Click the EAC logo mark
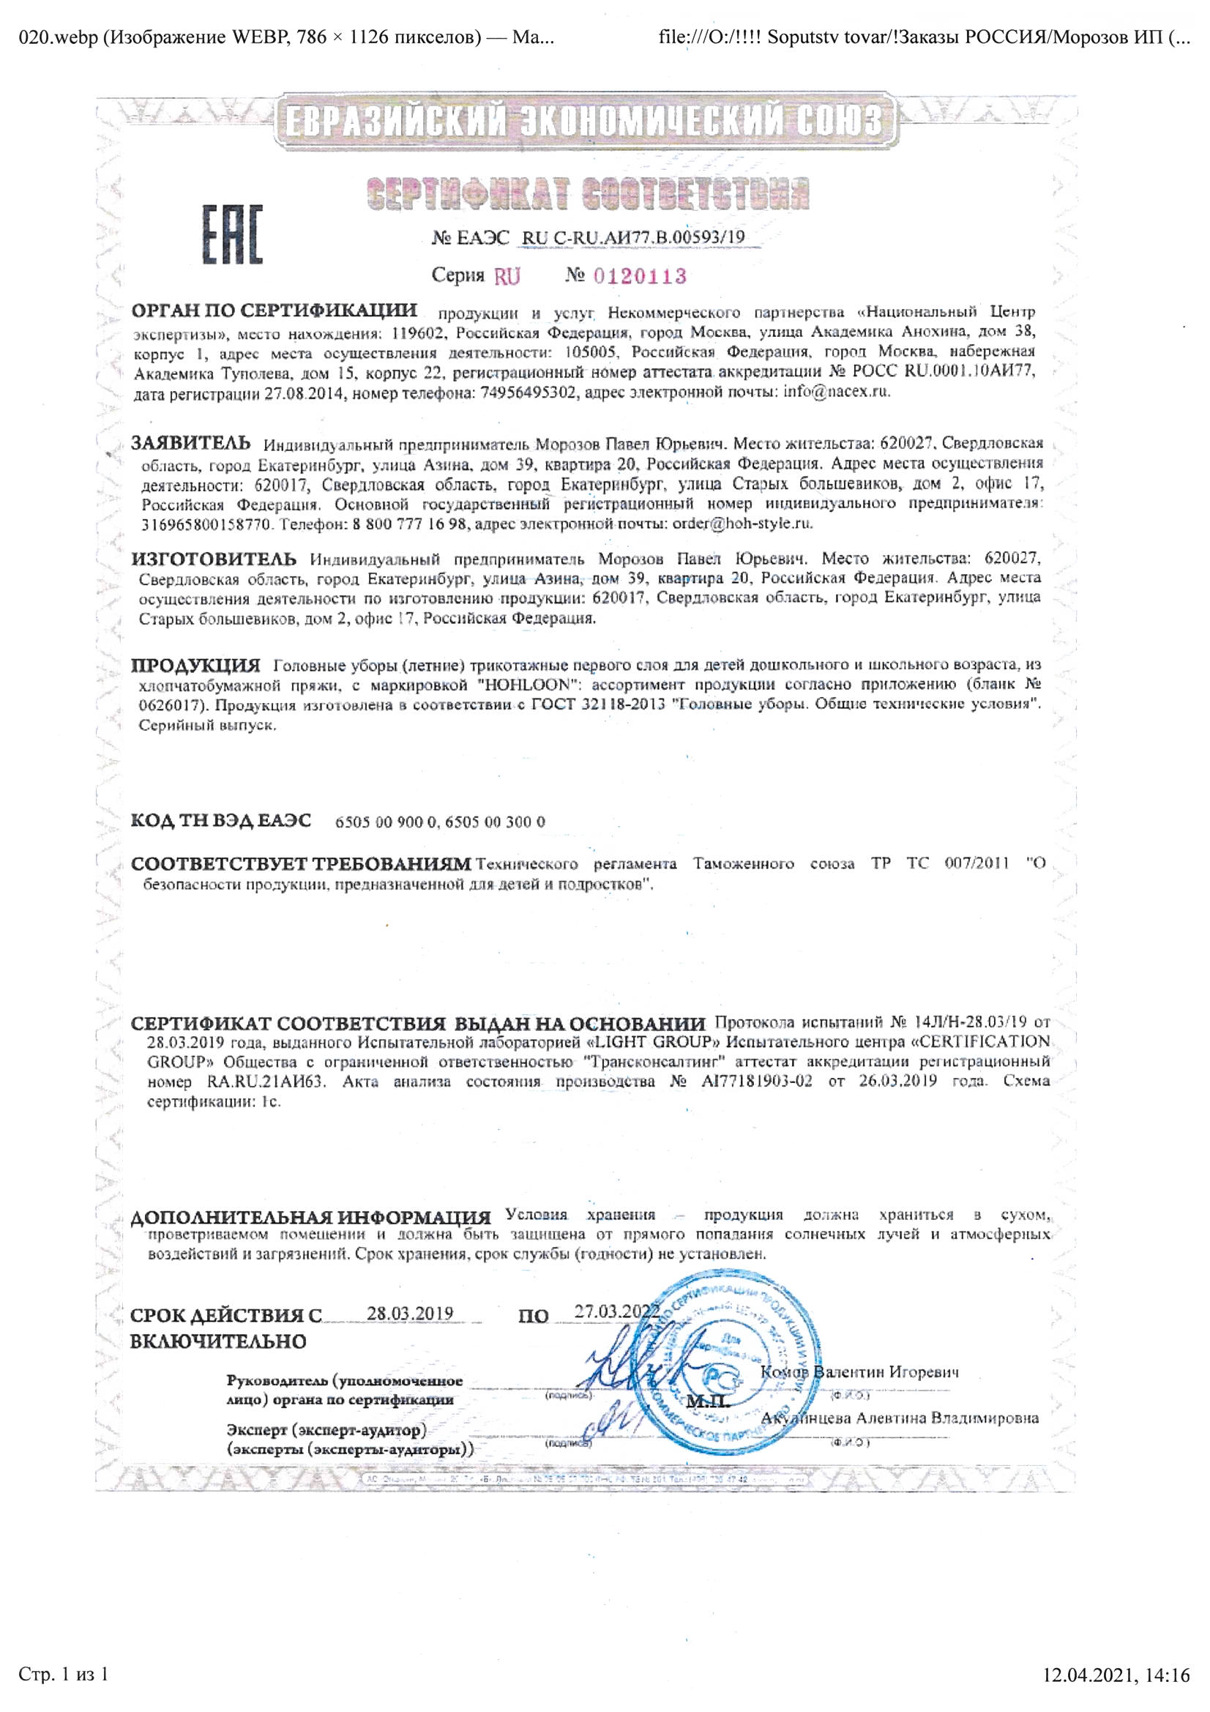pyautogui.click(x=232, y=235)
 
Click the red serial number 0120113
pyautogui.click(x=639, y=277)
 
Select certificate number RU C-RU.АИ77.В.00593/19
pyautogui.click(x=633, y=238)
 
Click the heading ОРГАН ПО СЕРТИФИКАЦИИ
pyautogui.click(x=274, y=310)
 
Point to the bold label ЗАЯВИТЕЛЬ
pyautogui.click(x=191, y=443)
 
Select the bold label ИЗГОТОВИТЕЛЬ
pyautogui.click(x=213, y=559)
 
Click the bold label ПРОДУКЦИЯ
pyautogui.click(x=195, y=664)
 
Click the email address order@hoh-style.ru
pyautogui.click(x=742, y=524)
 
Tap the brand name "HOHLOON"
pyautogui.click(x=529, y=684)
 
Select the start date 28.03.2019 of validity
pyautogui.click(x=409, y=1313)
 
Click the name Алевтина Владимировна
pyautogui.click(x=946, y=1418)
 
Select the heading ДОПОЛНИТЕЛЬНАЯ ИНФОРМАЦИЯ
pyautogui.click(x=310, y=1218)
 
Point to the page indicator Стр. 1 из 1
pyautogui.click(x=64, y=1675)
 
